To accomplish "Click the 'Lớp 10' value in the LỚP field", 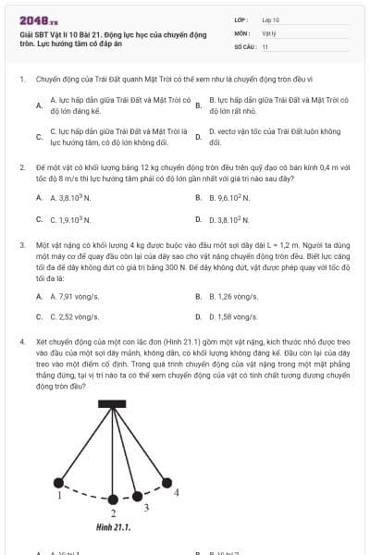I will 270,18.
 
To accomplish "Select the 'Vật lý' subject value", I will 268,32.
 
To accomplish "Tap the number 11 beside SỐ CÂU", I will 265,46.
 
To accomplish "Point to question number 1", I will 21,80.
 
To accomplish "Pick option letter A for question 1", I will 39,105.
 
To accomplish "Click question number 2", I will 21,168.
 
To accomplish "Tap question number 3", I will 21,245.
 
